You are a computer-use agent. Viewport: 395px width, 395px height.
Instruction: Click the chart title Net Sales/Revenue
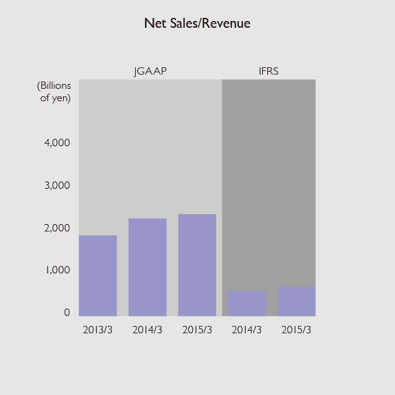(x=197, y=23)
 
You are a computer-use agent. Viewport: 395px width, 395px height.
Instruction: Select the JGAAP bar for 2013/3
(x=98, y=275)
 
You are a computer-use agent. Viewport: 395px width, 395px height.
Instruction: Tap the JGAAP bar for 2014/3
(x=148, y=267)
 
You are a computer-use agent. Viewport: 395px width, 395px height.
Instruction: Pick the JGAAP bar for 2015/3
(x=197, y=265)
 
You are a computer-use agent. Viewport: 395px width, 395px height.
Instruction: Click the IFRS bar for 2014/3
(x=247, y=303)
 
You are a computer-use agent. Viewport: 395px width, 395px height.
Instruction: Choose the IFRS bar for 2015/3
(x=296, y=301)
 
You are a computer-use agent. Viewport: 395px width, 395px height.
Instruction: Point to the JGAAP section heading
(x=151, y=72)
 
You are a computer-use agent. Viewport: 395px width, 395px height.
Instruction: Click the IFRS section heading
(x=268, y=72)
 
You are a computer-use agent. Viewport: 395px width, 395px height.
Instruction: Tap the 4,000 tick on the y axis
(x=58, y=143)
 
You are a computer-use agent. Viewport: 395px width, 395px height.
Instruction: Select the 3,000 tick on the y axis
(x=58, y=186)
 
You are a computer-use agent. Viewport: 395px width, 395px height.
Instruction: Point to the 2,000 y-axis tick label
(x=58, y=228)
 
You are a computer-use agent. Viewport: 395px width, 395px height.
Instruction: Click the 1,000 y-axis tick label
(x=58, y=270)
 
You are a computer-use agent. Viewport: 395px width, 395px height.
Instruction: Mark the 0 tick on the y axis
(x=67, y=313)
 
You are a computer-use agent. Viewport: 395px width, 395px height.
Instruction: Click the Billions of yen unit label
(x=55, y=91)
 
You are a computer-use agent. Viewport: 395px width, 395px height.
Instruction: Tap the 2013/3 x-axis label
(x=98, y=330)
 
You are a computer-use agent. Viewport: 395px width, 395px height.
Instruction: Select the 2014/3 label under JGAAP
(x=148, y=330)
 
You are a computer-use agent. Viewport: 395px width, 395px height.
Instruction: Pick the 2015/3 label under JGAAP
(x=197, y=330)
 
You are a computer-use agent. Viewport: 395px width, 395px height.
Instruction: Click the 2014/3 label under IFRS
(x=247, y=330)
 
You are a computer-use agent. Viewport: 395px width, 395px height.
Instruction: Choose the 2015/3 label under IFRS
(x=296, y=330)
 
